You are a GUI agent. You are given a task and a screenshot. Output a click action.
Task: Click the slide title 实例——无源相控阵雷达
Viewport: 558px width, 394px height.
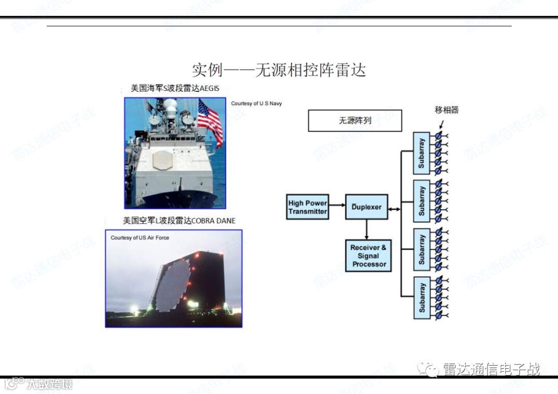279,70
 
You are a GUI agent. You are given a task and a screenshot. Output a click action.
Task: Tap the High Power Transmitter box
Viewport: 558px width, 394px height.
308,207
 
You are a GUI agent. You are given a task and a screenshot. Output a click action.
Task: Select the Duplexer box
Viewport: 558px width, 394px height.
366,207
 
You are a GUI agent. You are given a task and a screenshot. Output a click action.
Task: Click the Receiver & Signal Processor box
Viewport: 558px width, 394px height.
369,256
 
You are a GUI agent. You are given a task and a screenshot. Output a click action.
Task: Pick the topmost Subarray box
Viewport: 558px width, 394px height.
421,153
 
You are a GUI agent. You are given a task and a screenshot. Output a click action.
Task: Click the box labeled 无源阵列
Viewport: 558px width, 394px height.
354,120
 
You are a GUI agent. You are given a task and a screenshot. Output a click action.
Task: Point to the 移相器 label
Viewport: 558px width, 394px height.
446,109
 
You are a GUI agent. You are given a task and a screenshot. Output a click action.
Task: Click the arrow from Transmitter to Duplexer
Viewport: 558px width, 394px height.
337,205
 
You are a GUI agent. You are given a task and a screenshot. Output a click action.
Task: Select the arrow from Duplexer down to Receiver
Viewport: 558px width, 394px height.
366,229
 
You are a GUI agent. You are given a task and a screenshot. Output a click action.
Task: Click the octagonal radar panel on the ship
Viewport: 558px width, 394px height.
163,161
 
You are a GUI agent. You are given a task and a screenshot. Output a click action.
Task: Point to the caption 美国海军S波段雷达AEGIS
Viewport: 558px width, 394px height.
175,88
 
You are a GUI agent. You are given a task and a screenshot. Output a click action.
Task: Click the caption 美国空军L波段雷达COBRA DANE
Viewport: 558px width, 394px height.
179,220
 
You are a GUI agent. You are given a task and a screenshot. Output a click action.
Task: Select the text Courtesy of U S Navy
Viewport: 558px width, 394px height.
256,103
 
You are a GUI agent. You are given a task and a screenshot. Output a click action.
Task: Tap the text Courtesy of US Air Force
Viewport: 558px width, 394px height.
139,238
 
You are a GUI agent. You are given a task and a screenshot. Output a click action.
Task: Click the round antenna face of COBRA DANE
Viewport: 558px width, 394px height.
173,285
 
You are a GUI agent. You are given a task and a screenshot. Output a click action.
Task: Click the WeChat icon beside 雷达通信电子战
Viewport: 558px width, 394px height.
428,369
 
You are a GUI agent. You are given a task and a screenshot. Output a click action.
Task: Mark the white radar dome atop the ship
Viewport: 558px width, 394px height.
171,105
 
